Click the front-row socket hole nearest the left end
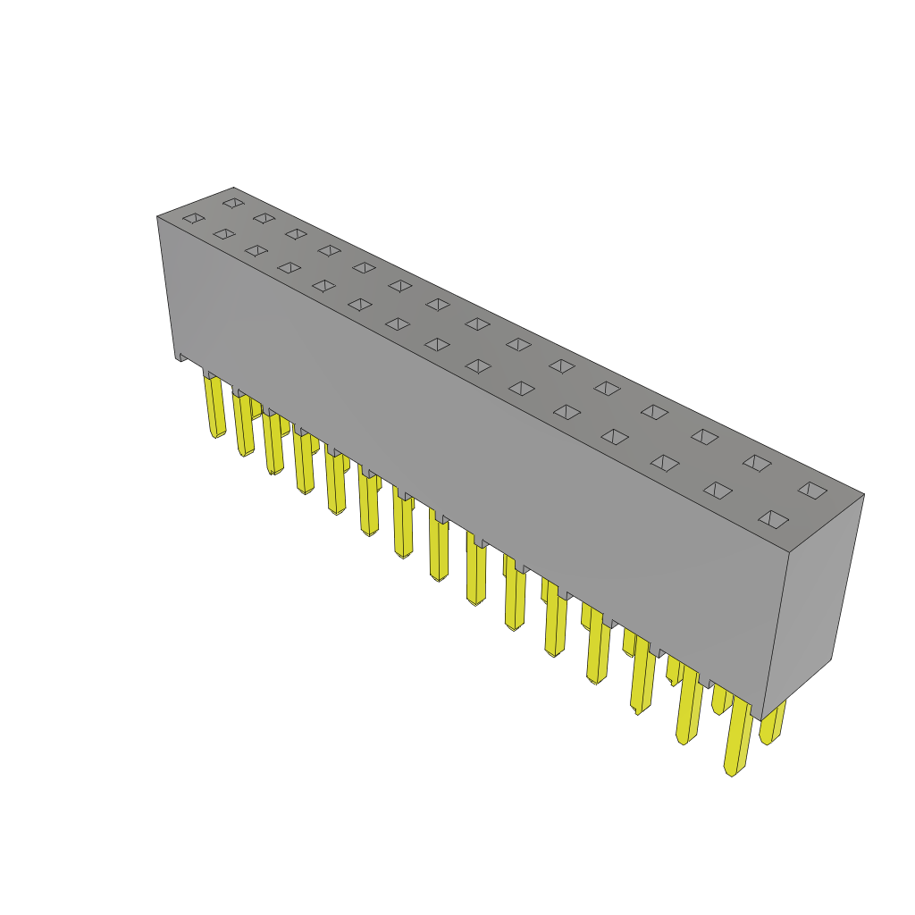tap(194, 218)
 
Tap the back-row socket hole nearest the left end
tap(233, 203)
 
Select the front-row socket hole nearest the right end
tap(773, 519)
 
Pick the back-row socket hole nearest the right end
tap(812, 490)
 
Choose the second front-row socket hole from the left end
tap(224, 234)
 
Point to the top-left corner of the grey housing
tap(158, 217)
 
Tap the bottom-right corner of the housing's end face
tap(831, 659)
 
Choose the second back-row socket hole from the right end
tap(757, 463)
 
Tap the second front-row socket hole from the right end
tap(718, 491)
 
